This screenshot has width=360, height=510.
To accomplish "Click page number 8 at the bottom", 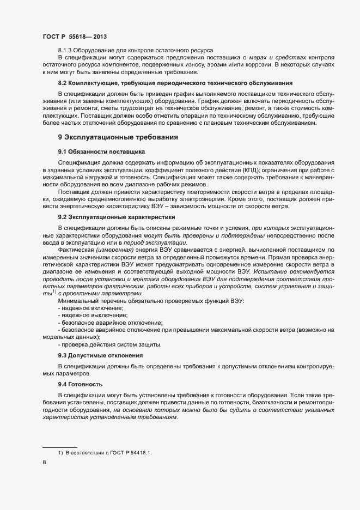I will tap(44, 463).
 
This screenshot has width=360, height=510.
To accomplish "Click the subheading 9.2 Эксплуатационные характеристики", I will tap(113, 216).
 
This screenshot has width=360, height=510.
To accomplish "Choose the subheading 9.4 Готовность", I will tap(80, 384).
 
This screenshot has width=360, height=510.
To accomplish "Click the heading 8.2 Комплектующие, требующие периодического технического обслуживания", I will tap(175, 83).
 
